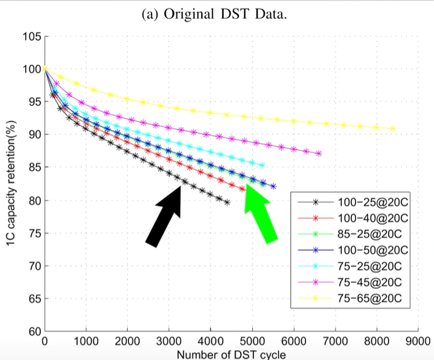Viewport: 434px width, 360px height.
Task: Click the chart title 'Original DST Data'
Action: point(217,14)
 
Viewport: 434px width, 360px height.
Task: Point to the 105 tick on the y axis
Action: point(31,36)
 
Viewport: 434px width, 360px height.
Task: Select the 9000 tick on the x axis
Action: point(418,341)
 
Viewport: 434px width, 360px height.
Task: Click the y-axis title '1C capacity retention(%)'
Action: point(10,184)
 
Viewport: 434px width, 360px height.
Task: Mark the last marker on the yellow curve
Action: point(393,128)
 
